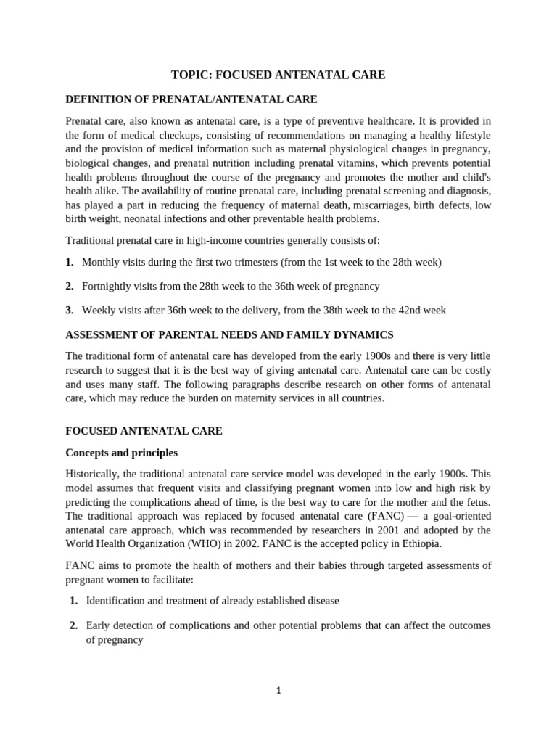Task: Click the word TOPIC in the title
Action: (x=189, y=75)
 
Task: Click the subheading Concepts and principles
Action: (x=121, y=453)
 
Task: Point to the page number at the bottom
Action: (x=278, y=691)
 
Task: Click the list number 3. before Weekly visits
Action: (x=70, y=311)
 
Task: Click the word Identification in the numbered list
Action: (x=118, y=601)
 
